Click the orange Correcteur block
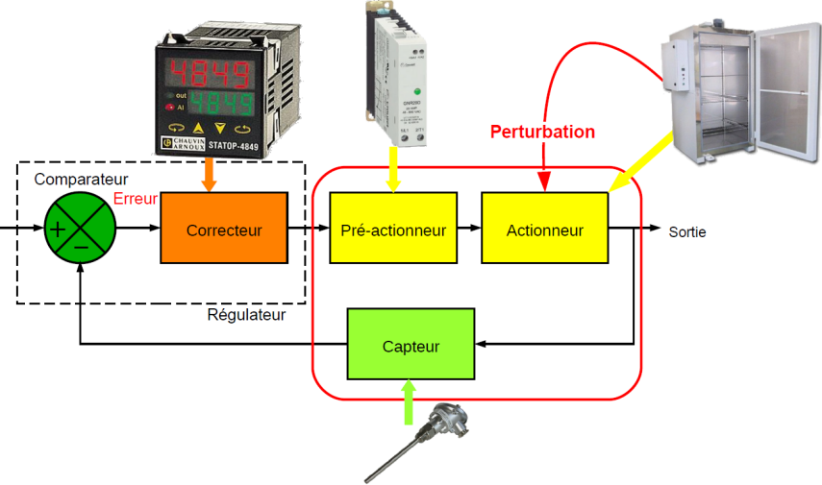223,228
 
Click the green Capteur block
411,344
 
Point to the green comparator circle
80,228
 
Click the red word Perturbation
542,132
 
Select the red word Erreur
135,199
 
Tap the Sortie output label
686,231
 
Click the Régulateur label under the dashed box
247,315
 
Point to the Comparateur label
81,180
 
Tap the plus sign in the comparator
59,229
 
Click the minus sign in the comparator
81,247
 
